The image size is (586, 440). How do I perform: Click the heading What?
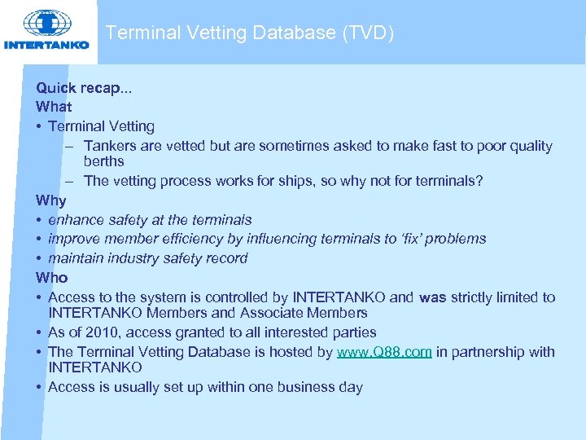54,107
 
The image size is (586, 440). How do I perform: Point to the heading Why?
51,200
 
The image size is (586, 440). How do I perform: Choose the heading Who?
52,278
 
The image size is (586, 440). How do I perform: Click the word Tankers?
109,147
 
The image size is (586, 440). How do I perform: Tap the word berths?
104,161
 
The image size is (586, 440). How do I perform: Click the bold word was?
433,297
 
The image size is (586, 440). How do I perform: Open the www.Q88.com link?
384,352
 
